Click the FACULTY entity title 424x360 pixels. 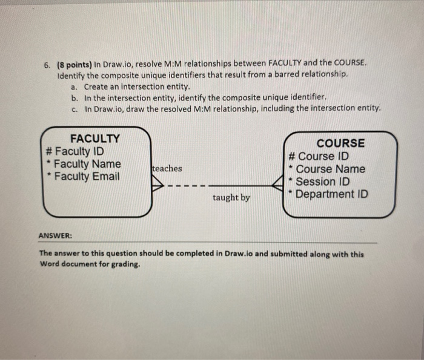pyautogui.click(x=95, y=139)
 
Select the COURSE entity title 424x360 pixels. pyautogui.click(x=341, y=143)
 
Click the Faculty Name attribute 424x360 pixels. pyautogui.click(x=88, y=164)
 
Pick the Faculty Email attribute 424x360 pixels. pyautogui.click(x=87, y=177)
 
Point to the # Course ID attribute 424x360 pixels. pyautogui.click(x=319, y=157)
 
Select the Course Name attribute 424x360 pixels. pyautogui.click(x=330, y=169)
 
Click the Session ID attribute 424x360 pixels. pyautogui.click(x=323, y=182)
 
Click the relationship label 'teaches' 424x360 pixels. pyautogui.click(x=167, y=169)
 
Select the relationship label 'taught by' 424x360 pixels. pyautogui.click(x=231, y=198)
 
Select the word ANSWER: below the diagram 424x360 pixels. pyautogui.click(x=55, y=236)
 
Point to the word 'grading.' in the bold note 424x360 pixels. pyautogui.click(x=124, y=264)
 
